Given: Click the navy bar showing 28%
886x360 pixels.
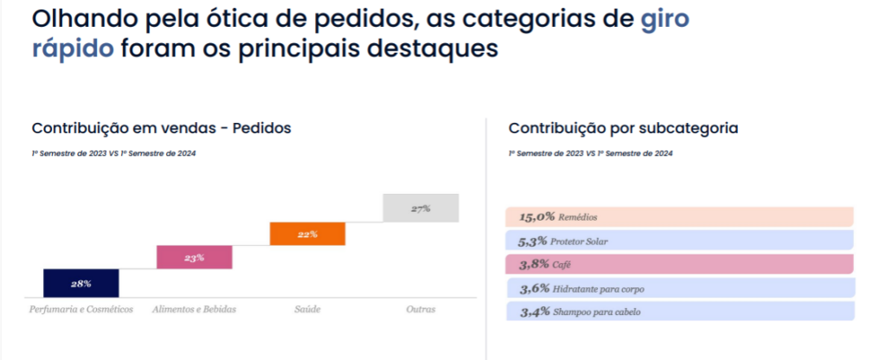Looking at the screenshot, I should click(81, 283).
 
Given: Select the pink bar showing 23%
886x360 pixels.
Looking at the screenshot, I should click(194, 258).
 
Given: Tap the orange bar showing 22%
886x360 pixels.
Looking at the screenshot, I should click(307, 234).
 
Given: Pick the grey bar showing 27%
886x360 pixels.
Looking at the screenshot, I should click(421, 209).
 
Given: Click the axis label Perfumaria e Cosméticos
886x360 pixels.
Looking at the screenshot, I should click(81, 309).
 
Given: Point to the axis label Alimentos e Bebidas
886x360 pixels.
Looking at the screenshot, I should click(194, 309).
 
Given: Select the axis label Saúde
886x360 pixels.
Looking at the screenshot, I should click(307, 309).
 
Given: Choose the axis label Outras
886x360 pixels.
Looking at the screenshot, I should click(421, 309).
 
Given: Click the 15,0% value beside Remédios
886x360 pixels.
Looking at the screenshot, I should click(536, 217).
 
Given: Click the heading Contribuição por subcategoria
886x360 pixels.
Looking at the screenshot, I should click(623, 128).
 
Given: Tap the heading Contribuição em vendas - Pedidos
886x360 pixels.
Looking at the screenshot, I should click(161, 128).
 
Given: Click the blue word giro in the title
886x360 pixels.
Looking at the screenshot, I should click(664, 18).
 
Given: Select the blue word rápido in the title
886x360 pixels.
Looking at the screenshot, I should click(73, 47).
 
